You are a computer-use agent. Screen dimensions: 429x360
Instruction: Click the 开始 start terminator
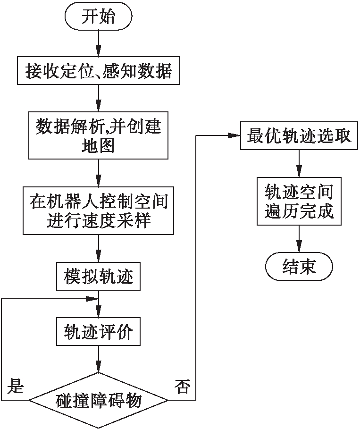coord(98,18)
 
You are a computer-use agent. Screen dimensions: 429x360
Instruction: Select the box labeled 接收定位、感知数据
coord(98,72)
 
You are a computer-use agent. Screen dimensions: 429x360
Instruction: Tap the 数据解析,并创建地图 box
coord(98,135)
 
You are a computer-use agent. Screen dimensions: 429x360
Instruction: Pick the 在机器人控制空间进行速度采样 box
coord(98,210)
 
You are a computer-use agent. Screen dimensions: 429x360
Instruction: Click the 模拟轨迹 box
coord(98,276)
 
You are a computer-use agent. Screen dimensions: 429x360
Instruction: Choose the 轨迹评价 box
coord(98,333)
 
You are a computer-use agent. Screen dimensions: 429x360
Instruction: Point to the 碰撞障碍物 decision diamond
coord(98,401)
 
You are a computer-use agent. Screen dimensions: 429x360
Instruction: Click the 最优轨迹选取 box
coord(299,136)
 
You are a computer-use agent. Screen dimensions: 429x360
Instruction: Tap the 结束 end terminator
coord(299,267)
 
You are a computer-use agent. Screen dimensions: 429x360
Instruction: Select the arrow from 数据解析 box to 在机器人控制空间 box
coord(98,173)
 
